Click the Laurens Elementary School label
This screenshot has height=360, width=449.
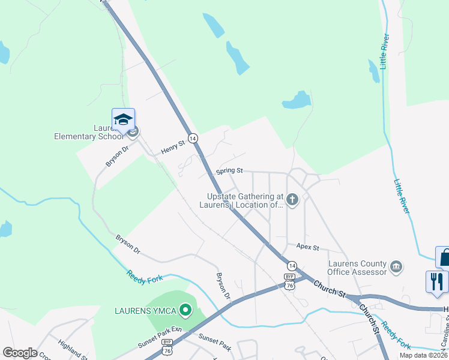point(83,132)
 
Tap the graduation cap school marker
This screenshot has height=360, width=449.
point(123,119)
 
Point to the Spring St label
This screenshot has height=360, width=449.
point(229,171)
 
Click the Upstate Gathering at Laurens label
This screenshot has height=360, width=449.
point(244,200)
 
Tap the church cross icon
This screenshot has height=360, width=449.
point(292,199)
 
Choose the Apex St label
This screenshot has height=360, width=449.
point(307,247)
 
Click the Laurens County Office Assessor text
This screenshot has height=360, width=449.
point(357,268)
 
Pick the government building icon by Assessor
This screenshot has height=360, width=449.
point(396,266)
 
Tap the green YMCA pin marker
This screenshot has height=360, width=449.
point(185,310)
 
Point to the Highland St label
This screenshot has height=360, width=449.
point(73,350)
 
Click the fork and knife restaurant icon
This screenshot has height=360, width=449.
point(436,281)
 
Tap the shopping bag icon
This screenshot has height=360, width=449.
point(444,257)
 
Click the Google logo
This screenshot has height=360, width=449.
point(20,353)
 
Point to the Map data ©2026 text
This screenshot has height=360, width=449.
point(423,355)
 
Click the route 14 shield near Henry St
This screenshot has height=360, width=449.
point(193,138)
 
